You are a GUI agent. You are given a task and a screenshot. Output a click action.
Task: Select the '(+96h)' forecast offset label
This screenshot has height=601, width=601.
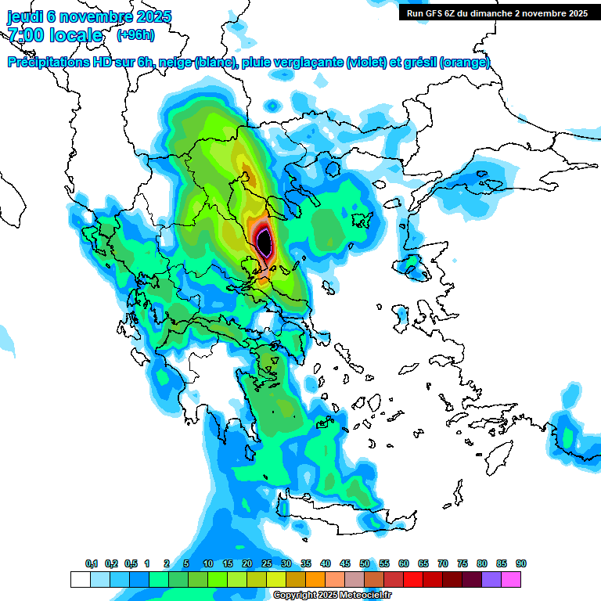coord(135,35)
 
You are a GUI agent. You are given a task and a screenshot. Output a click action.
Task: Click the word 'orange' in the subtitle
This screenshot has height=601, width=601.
coord(466,63)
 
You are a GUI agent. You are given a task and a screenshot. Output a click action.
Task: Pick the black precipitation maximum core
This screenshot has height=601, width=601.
coord(265,242)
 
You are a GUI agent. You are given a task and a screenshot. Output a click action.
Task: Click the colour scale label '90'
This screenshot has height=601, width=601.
coord(521,563)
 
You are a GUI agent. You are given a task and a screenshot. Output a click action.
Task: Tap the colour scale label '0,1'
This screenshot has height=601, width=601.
coord(92,563)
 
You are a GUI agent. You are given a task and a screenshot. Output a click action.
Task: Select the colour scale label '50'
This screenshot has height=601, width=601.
coord(365,563)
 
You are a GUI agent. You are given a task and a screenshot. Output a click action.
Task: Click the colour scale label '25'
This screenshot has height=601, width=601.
coord(267,563)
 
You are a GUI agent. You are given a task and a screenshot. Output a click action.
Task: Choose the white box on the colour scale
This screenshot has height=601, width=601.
coord(80,579)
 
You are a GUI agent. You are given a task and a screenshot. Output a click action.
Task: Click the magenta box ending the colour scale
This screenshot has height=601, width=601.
coord(511,579)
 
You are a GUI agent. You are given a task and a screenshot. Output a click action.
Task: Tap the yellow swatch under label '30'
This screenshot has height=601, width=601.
coord(276,579)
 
